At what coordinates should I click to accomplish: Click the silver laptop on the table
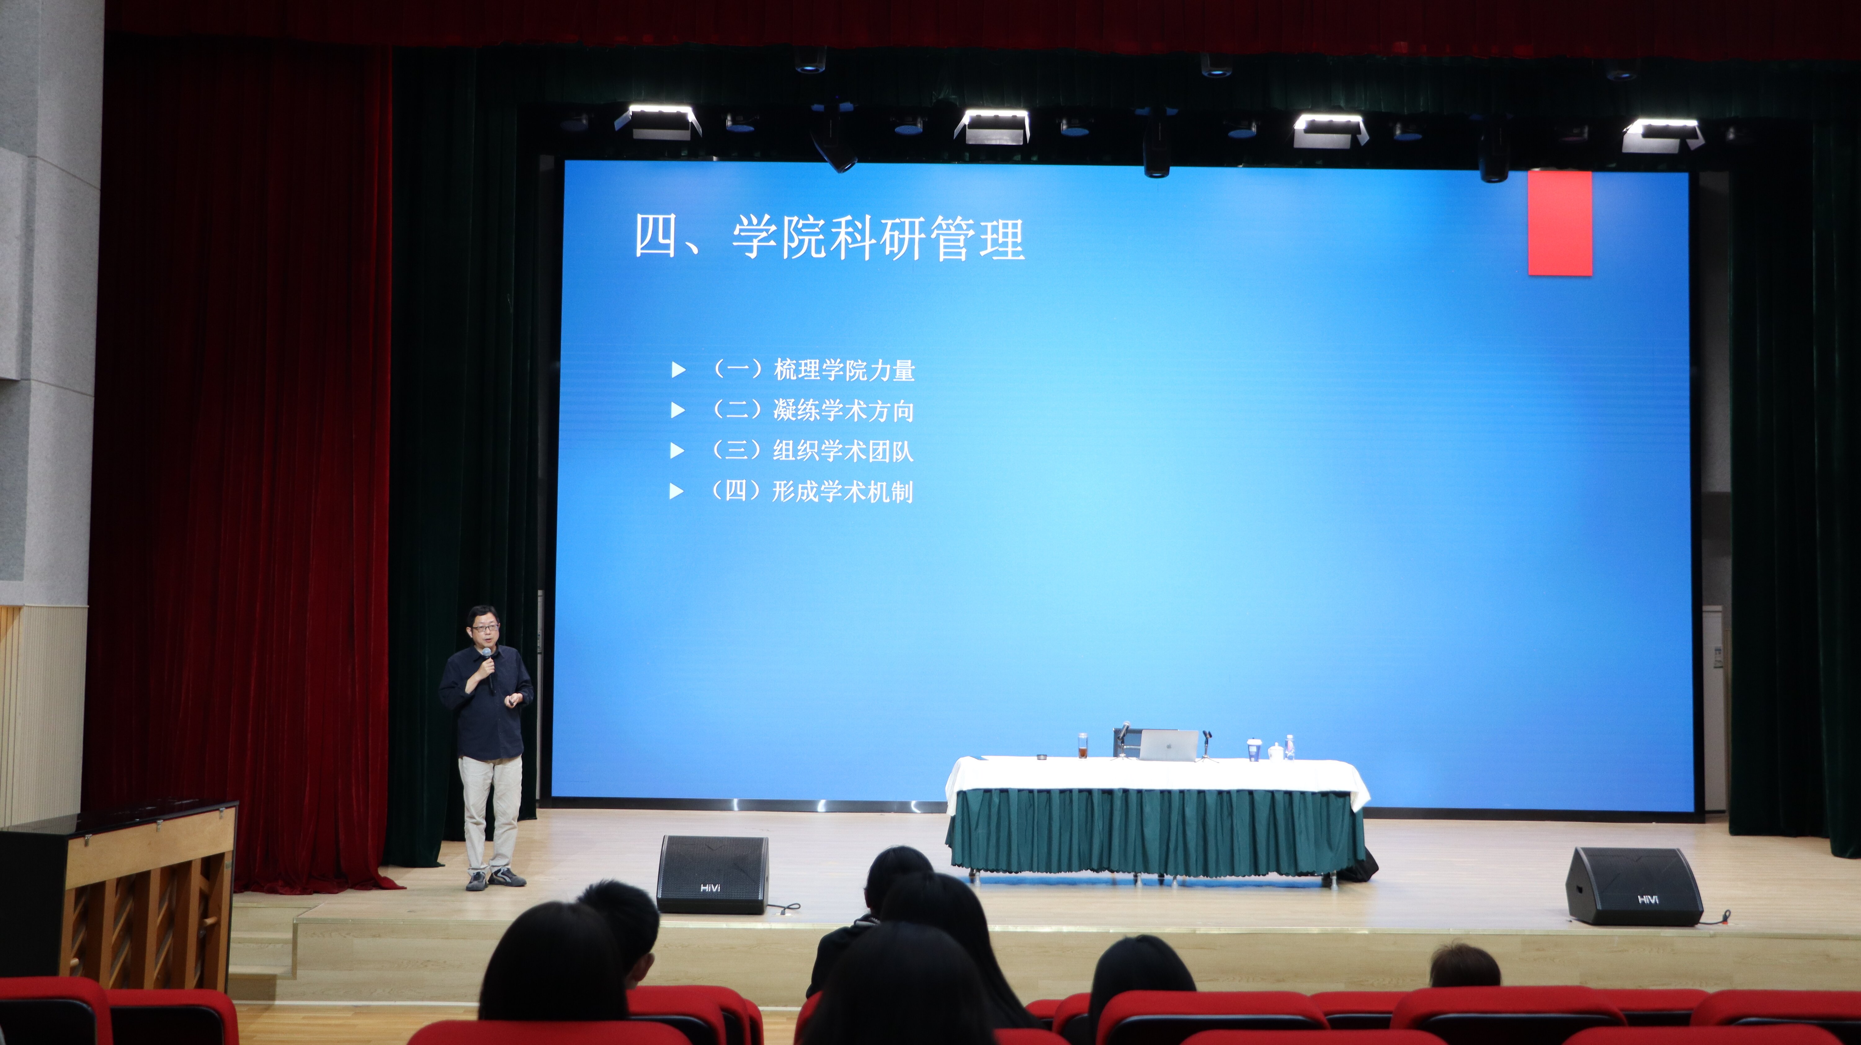pyautogui.click(x=1168, y=744)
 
